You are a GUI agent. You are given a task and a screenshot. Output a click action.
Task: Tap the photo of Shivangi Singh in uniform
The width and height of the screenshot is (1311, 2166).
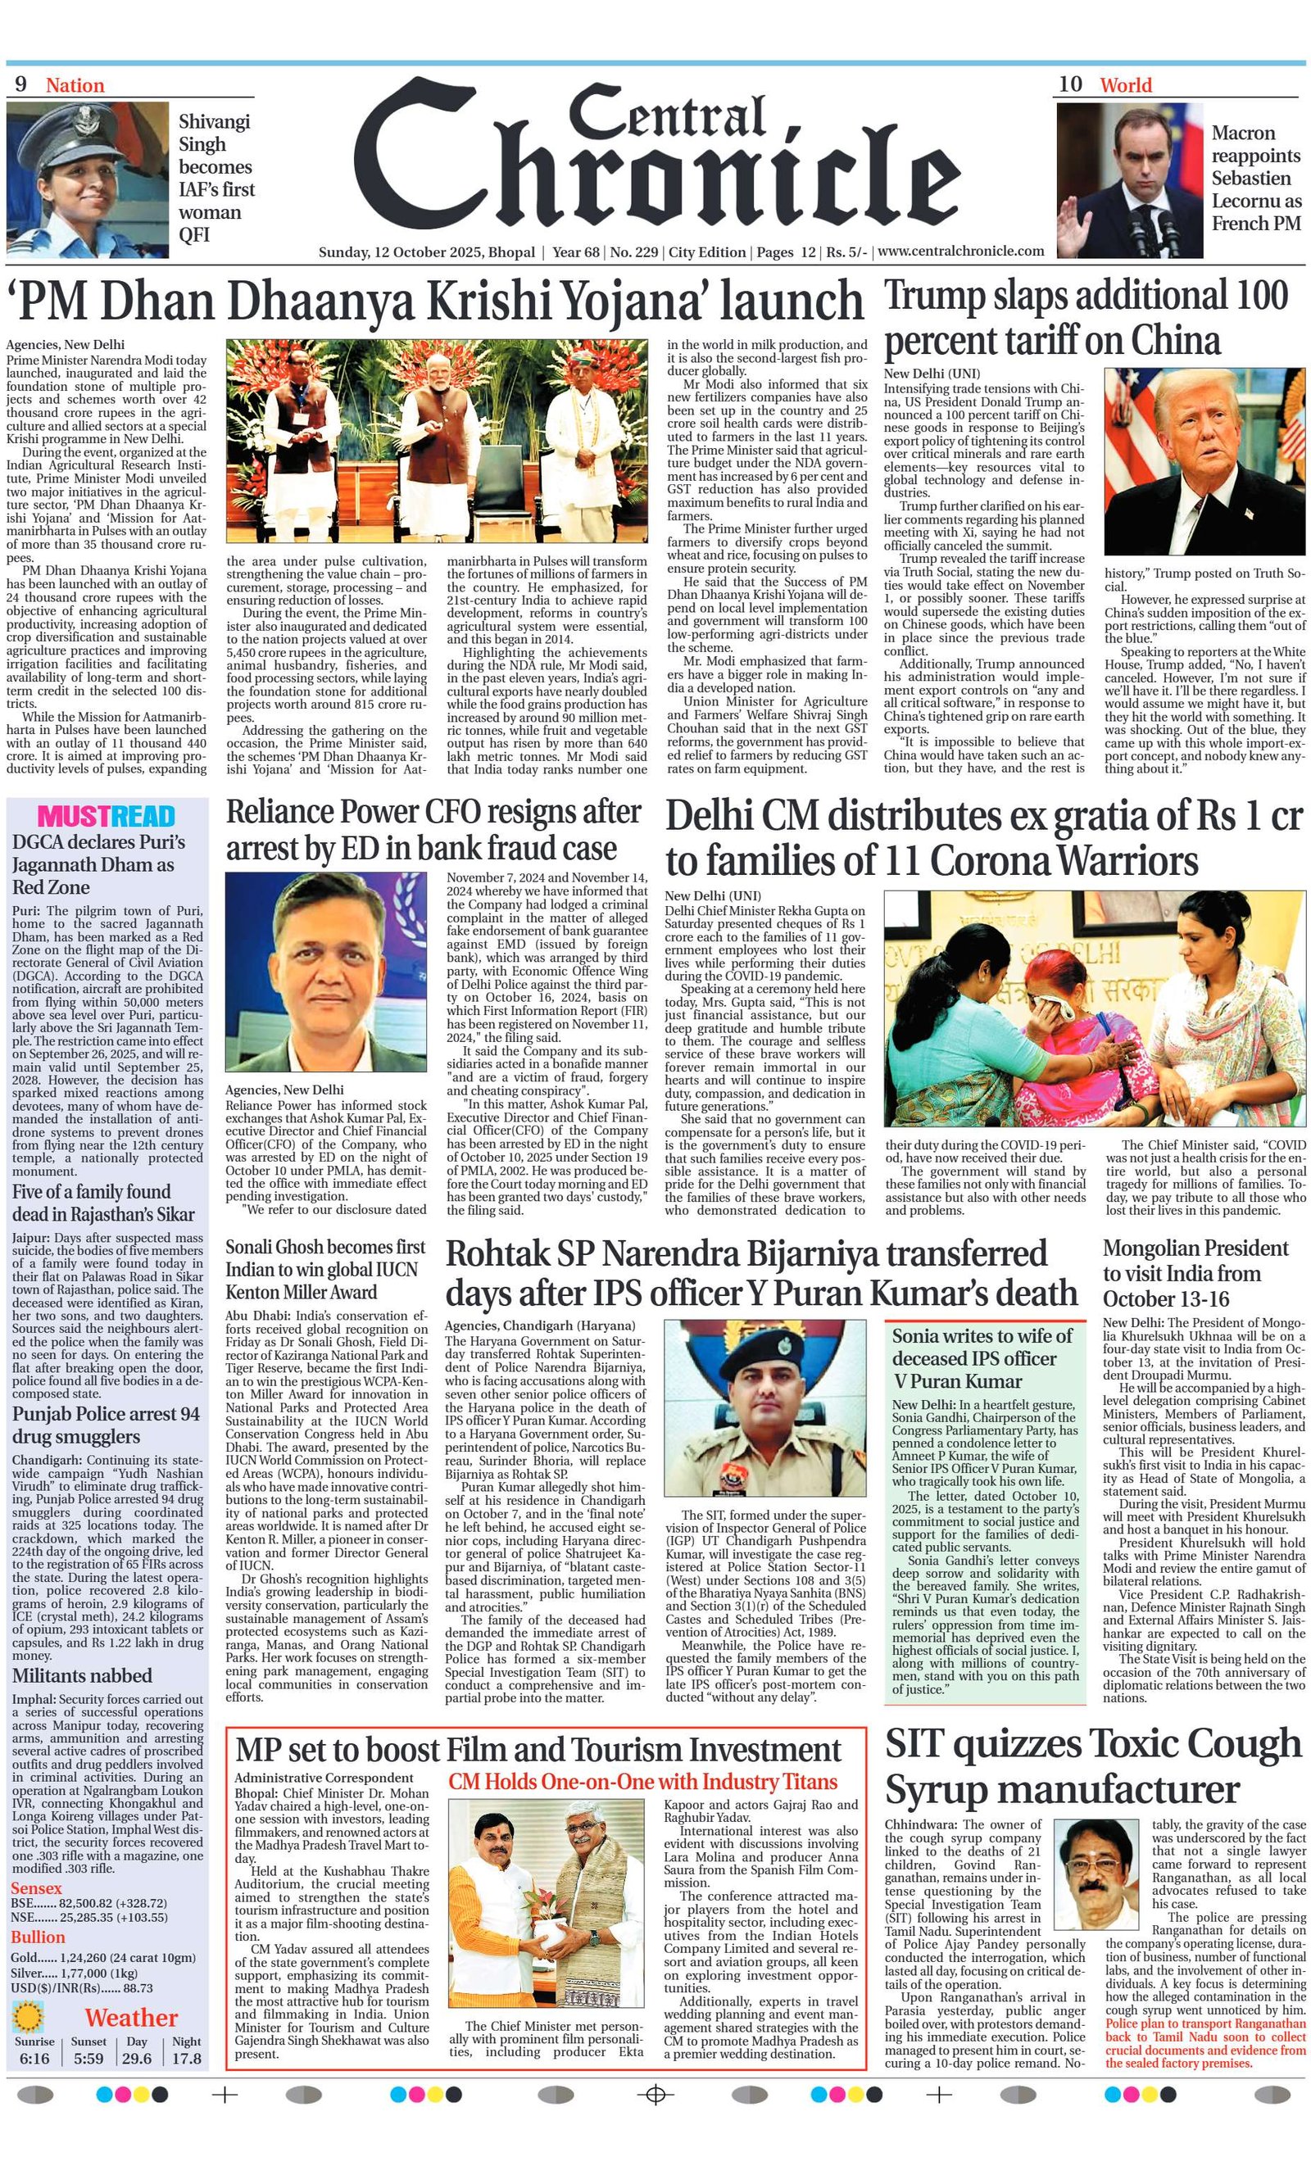[x=87, y=179]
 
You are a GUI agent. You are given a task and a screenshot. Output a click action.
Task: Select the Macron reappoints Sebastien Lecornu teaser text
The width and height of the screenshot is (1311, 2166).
[x=1255, y=179]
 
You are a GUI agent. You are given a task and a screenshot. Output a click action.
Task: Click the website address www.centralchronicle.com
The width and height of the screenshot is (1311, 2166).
[x=961, y=251]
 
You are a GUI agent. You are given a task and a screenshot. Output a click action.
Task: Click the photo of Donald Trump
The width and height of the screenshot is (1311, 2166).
[x=1204, y=461]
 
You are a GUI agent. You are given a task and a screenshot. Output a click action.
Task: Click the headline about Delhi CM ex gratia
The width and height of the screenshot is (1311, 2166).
[x=982, y=838]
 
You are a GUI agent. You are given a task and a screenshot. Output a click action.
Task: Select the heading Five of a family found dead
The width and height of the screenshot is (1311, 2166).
[x=104, y=1203]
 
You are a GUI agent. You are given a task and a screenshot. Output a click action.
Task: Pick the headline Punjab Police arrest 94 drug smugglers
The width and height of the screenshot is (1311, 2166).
[x=107, y=1425]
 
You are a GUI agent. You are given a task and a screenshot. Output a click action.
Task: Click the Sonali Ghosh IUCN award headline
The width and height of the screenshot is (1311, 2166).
[x=325, y=1269]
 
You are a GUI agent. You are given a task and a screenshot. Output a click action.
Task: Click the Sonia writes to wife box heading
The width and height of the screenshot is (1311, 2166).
[x=982, y=1358]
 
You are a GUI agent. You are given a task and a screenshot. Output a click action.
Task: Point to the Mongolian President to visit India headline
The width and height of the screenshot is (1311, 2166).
[x=1195, y=1273]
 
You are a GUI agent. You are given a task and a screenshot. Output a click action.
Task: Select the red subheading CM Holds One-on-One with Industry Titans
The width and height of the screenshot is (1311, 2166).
[x=642, y=1782]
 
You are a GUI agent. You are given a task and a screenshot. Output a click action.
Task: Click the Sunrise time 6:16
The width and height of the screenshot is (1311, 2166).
[x=34, y=2059]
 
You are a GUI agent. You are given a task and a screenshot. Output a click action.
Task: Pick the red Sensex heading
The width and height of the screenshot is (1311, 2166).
[x=37, y=1888]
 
